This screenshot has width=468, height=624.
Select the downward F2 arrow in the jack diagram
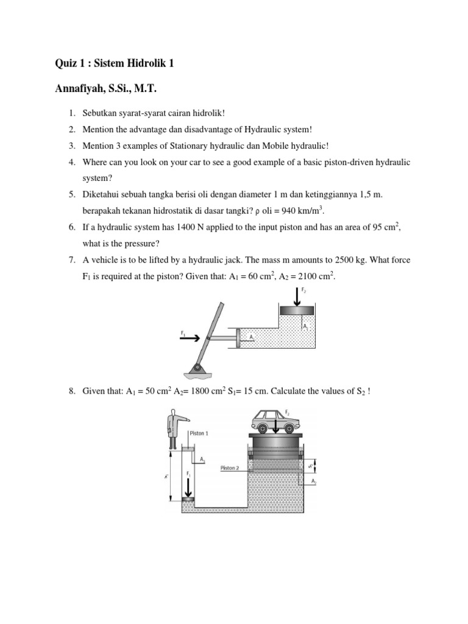coord(297,296)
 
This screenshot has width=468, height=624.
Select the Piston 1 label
coord(199,433)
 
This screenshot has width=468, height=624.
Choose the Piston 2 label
coord(230,468)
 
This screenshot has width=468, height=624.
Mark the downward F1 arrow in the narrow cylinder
coord(188,486)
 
